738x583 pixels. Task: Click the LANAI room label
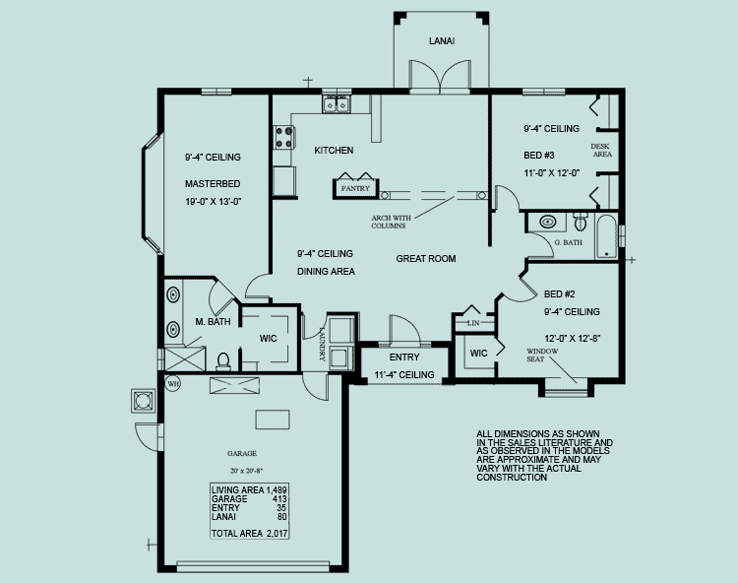tap(442, 41)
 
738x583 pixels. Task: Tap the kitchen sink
tap(337, 103)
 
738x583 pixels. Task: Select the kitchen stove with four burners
tap(284, 138)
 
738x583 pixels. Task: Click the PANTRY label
tap(355, 188)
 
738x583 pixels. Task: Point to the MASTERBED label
tap(213, 183)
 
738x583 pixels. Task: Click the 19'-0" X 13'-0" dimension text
tap(214, 202)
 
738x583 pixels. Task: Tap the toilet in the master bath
tap(223, 361)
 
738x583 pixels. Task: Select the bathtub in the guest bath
tap(606, 236)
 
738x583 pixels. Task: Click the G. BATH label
tap(568, 242)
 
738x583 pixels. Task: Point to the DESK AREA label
tap(601, 151)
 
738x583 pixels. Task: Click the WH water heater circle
tap(173, 384)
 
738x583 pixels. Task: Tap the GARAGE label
tap(242, 453)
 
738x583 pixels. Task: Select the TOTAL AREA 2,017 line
tap(250, 534)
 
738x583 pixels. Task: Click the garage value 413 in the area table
tap(279, 499)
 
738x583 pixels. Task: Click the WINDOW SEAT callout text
tap(542, 356)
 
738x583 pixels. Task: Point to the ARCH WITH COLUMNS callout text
tap(391, 222)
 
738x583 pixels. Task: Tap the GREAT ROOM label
tap(426, 259)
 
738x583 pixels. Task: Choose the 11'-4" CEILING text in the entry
tap(404, 375)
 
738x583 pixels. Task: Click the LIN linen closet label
tap(473, 323)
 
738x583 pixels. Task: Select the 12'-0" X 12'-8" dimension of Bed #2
tap(573, 338)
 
